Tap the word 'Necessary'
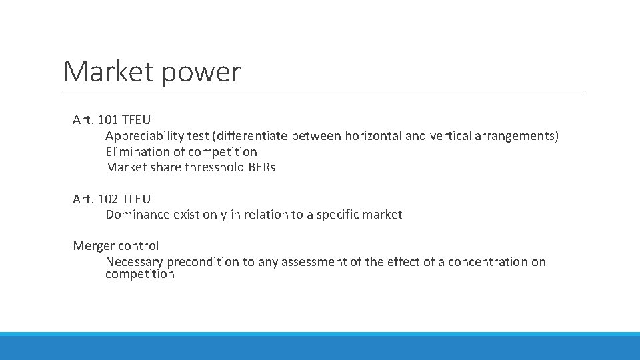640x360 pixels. click(134, 262)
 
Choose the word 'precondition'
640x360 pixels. click(203, 262)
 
